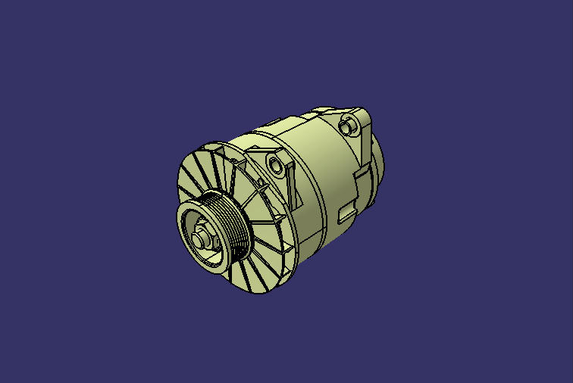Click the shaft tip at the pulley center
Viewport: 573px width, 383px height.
[x=199, y=238]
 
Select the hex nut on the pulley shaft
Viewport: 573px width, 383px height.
[x=205, y=236]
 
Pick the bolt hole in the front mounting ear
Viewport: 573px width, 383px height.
[x=274, y=163]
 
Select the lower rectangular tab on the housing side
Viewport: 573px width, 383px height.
[x=346, y=213]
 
